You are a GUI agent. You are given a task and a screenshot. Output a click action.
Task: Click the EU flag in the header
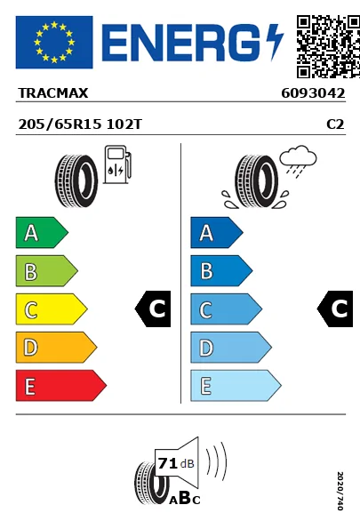(x=54, y=42)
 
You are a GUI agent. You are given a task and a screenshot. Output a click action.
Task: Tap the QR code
(x=328, y=46)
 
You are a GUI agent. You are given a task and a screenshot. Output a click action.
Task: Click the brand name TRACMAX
(x=53, y=93)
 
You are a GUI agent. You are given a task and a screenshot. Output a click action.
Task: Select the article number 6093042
(x=313, y=93)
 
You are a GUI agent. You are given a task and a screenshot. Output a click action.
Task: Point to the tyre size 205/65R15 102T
(x=80, y=124)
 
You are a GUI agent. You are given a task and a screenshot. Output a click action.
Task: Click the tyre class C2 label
(x=335, y=124)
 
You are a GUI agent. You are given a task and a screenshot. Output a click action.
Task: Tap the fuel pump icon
(x=117, y=164)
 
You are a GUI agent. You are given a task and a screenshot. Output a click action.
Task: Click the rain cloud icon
(x=299, y=161)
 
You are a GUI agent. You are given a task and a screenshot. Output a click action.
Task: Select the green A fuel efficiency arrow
(x=42, y=233)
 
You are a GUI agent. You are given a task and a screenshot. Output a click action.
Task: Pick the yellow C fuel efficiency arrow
(x=52, y=309)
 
